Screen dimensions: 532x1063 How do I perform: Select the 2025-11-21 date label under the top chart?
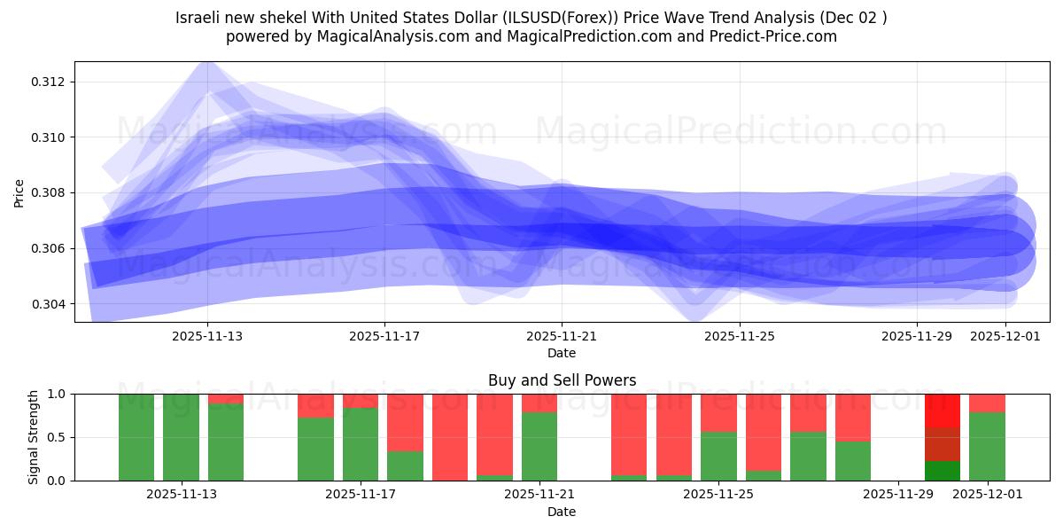pos(562,336)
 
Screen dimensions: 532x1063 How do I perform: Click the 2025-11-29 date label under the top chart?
pos(916,336)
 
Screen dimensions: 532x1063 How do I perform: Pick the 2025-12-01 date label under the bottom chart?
pos(987,495)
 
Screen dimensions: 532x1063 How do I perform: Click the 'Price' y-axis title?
pos(19,192)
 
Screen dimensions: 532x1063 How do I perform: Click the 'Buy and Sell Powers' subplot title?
pos(562,380)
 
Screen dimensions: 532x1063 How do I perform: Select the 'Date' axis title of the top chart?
pos(562,353)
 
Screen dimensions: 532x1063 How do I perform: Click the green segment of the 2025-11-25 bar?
pos(718,456)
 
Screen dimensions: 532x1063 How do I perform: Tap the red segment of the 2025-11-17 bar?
pos(361,401)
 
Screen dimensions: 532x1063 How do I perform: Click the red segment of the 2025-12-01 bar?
pos(987,403)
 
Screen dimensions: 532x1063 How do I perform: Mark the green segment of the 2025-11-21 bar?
pos(539,446)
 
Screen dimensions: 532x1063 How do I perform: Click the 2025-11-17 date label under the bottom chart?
pos(361,495)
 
